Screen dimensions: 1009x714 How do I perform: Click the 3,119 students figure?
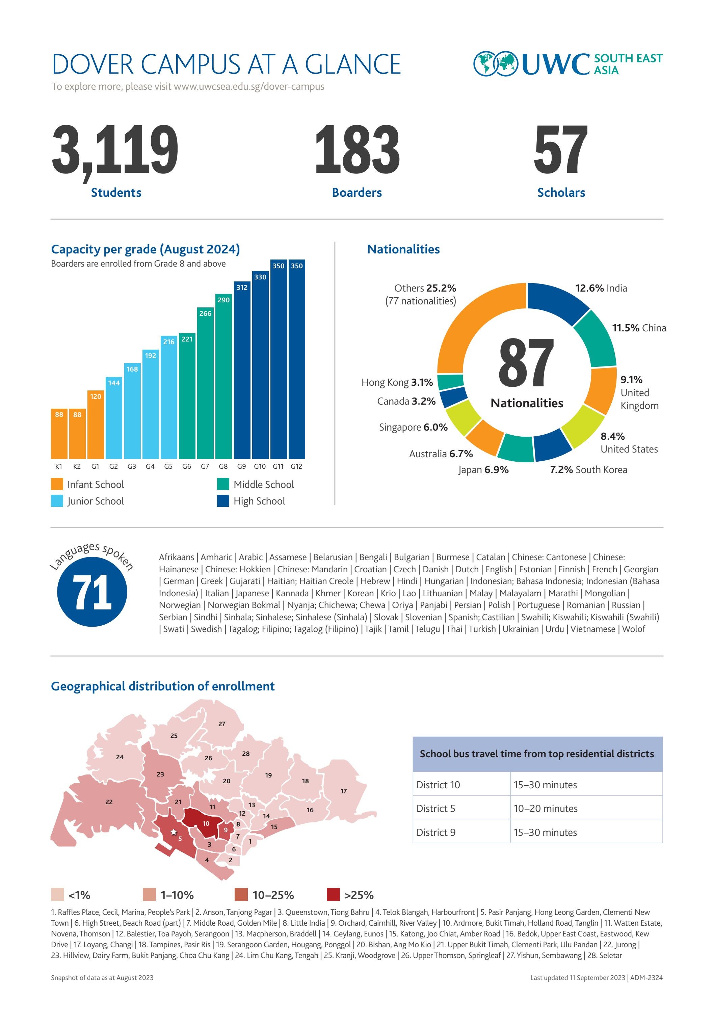(115, 151)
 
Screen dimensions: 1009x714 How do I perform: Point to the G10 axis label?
(260, 466)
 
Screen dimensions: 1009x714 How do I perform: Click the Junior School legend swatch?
(57, 501)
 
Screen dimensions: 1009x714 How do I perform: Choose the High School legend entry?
(259, 501)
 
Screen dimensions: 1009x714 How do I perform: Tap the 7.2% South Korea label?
(588, 470)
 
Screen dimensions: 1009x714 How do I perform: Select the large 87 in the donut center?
(526, 363)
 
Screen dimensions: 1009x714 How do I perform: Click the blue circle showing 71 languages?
(92, 592)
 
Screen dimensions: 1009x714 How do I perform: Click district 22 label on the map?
(109, 802)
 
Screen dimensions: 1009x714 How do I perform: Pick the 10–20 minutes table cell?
(545, 809)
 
